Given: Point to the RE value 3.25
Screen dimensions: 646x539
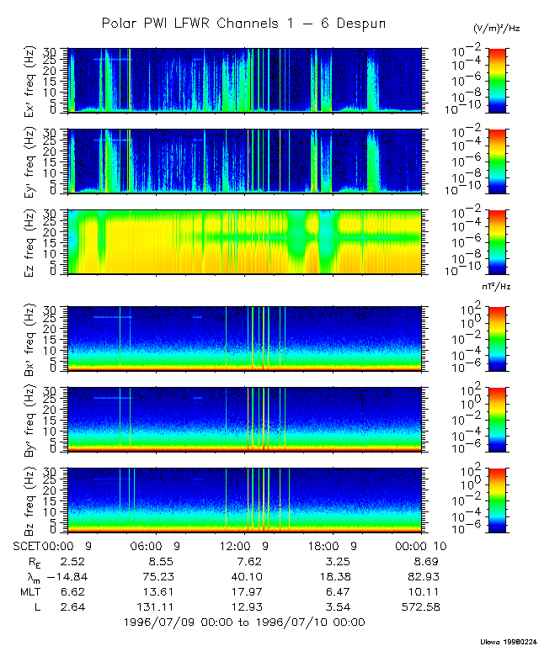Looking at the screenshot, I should pyautogui.click(x=335, y=560).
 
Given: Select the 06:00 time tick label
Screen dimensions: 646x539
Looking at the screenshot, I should pyautogui.click(x=152, y=545).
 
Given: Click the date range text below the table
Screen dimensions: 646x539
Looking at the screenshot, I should pyautogui.click(x=243, y=622).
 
